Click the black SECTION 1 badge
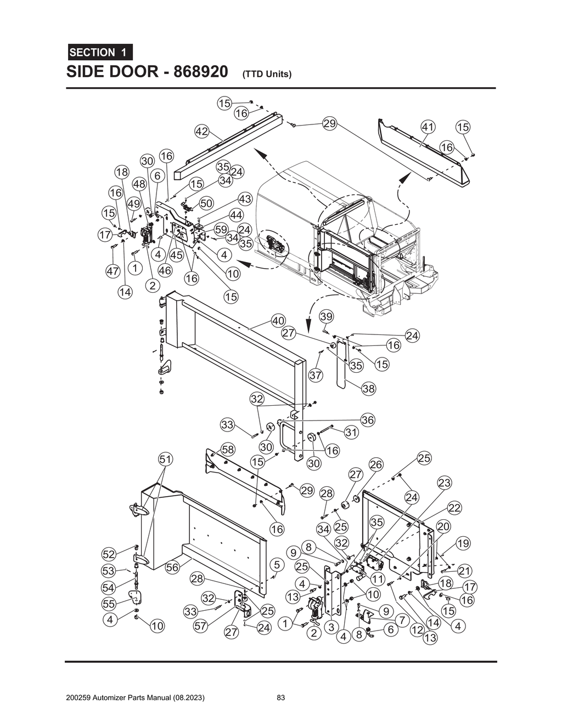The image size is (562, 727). (99, 53)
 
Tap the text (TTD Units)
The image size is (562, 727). (266, 74)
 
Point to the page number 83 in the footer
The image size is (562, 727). (280, 698)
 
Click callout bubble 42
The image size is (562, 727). (202, 131)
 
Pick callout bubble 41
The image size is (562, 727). (428, 127)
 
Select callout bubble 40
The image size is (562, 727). (278, 321)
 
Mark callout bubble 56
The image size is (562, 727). (172, 567)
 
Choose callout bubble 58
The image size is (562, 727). (228, 450)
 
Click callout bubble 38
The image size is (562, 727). (369, 389)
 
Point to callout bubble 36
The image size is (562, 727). (368, 420)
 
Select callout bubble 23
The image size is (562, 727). (444, 483)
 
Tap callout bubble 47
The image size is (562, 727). (113, 271)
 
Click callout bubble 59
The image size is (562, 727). (221, 229)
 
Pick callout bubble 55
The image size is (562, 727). (110, 604)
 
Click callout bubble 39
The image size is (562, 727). (327, 316)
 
